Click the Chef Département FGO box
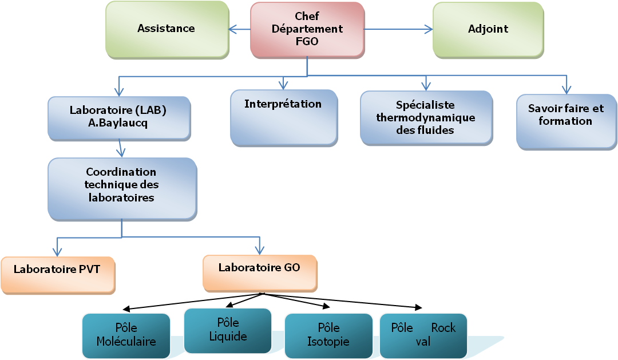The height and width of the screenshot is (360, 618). pos(307,29)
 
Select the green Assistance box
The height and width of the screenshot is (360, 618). pos(166,29)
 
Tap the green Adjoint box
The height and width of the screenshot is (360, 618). pos(488,29)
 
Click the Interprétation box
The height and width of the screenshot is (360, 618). pos(283,117)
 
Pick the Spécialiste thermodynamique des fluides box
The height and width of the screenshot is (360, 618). pos(426,117)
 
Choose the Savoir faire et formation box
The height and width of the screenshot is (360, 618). pos(565,121)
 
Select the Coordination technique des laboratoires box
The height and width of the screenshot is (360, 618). pos(122,188)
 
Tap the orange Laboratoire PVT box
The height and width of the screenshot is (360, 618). pos(57,275)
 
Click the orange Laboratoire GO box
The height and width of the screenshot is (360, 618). pos(259,272)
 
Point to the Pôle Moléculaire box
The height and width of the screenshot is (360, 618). pos(126,335)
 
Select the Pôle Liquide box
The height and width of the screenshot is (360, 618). pos(228,330)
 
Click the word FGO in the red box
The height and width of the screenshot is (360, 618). pos(307,41)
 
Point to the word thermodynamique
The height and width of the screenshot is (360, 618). pos(426,117)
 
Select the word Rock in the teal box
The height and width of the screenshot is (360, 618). pos(443,328)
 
